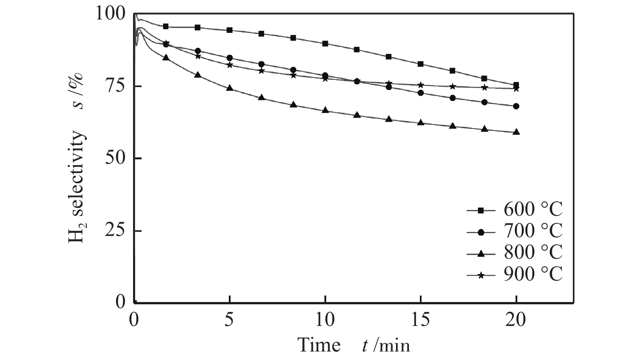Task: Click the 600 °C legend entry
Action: click(x=515, y=210)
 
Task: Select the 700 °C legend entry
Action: click(x=515, y=231)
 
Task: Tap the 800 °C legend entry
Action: click(x=515, y=253)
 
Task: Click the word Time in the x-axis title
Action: click(x=319, y=345)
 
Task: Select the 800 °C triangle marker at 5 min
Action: click(x=230, y=88)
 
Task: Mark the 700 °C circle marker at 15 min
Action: click(x=421, y=93)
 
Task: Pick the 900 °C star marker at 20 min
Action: click(x=516, y=89)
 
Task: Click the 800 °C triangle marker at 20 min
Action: click(x=516, y=132)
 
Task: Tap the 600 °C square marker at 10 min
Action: click(x=325, y=43)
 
